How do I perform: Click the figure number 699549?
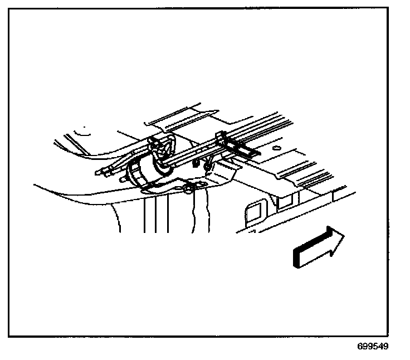(373, 346)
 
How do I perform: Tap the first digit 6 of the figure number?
(360, 346)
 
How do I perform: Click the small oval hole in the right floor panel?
(276, 150)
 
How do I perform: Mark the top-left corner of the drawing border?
(9, 8)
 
